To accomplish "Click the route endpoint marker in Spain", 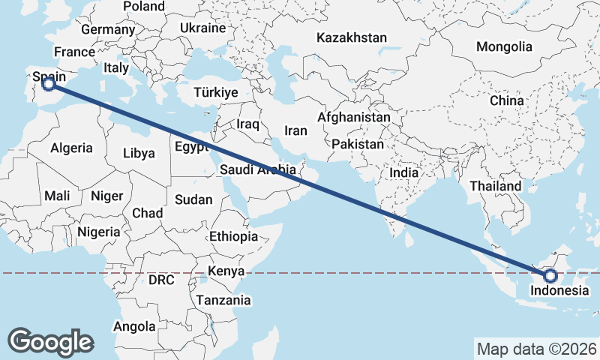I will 49,85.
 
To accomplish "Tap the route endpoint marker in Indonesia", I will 551,277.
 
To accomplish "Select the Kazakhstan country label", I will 351,37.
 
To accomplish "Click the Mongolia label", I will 504,46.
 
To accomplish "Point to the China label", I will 506,100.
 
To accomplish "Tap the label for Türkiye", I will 215,92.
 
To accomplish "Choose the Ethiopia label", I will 233,236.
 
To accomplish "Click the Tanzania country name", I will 223,300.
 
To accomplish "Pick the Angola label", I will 134,326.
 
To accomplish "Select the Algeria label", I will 72,148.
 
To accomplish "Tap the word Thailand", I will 495,186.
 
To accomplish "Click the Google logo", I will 50,341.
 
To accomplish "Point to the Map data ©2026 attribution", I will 536,349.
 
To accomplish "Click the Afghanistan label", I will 354,118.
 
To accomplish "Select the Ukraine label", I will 202,28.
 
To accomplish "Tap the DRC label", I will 160,280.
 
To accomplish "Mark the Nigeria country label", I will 98,232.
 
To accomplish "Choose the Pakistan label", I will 358,143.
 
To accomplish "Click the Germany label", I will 107,29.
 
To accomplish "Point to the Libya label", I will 139,153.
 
